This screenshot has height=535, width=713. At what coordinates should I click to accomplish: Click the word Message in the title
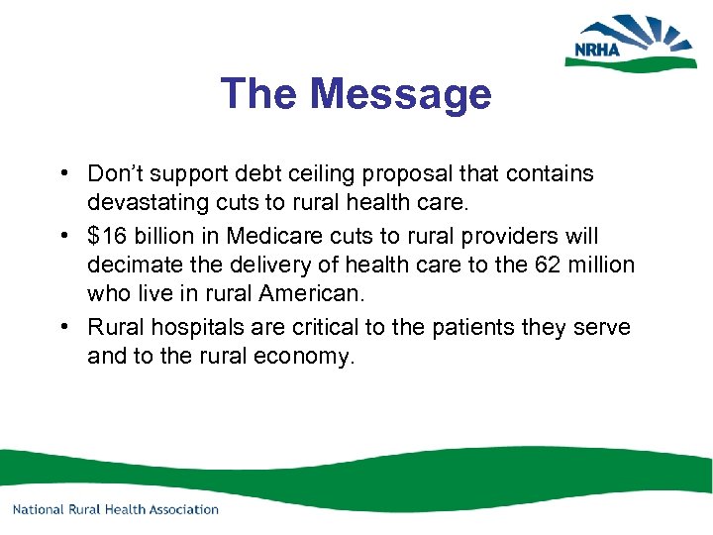click(x=400, y=94)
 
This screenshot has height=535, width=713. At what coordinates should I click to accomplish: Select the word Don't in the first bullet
click(x=117, y=174)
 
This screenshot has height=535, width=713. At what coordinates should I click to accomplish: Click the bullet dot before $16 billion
click(x=62, y=236)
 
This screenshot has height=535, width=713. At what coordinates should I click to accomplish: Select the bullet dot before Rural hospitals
click(x=62, y=326)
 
